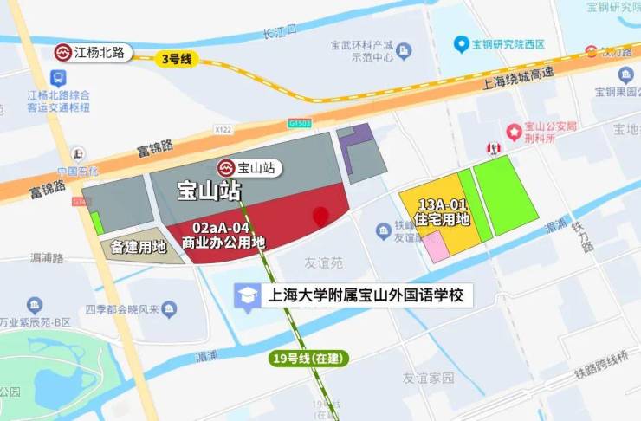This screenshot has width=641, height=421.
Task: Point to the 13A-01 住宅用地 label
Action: point(443,211)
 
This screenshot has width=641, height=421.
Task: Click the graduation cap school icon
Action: point(249,295)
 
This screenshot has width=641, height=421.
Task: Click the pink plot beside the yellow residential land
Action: point(435,245)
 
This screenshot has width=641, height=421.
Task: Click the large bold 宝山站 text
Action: point(209,190)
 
